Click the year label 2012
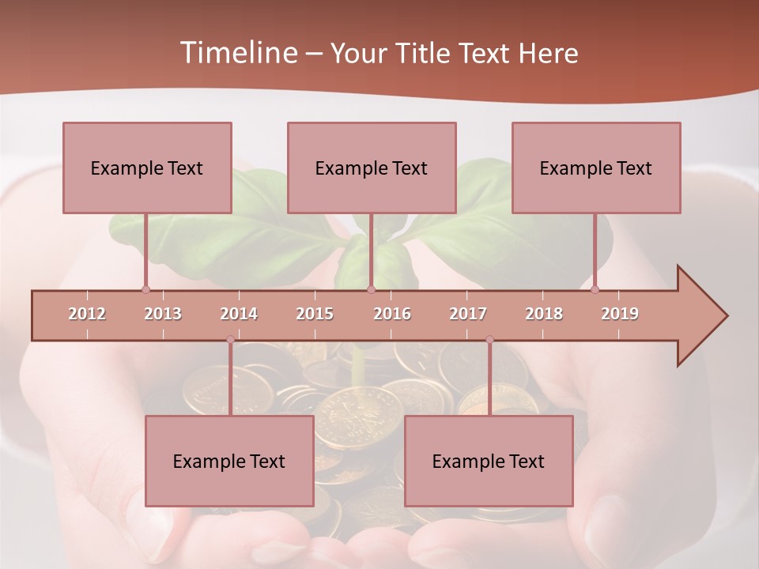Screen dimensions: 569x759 coord(87,314)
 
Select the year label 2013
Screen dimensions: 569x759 coord(163,314)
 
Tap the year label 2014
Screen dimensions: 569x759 coord(239,314)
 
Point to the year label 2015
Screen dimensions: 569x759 coord(315,314)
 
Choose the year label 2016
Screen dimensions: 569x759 coord(392,314)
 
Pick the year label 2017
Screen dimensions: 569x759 coord(468,314)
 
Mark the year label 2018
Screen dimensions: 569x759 coord(544,314)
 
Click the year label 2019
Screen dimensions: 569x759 coord(620,314)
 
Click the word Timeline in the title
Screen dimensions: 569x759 coord(237,53)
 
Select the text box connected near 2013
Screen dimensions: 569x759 coord(147,168)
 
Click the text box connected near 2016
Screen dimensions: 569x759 coord(372,168)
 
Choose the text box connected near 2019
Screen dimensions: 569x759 coord(596,168)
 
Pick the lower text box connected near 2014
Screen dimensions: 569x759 coord(229,461)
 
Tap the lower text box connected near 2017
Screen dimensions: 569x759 coord(489,461)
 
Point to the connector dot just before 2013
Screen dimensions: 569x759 coord(145,289)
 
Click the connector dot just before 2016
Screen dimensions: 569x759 coord(371,289)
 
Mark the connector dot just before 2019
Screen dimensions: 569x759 coord(595,289)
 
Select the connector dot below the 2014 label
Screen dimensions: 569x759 coord(230,340)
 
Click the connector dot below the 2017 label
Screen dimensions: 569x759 coord(489,340)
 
